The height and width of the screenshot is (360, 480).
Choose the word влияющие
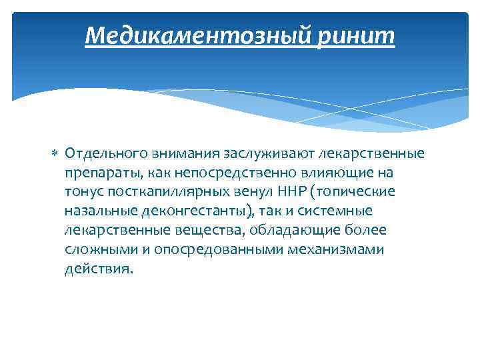tap(338, 173)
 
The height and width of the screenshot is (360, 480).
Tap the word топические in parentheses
tap(355, 192)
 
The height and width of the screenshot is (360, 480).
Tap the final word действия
tap(99, 269)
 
